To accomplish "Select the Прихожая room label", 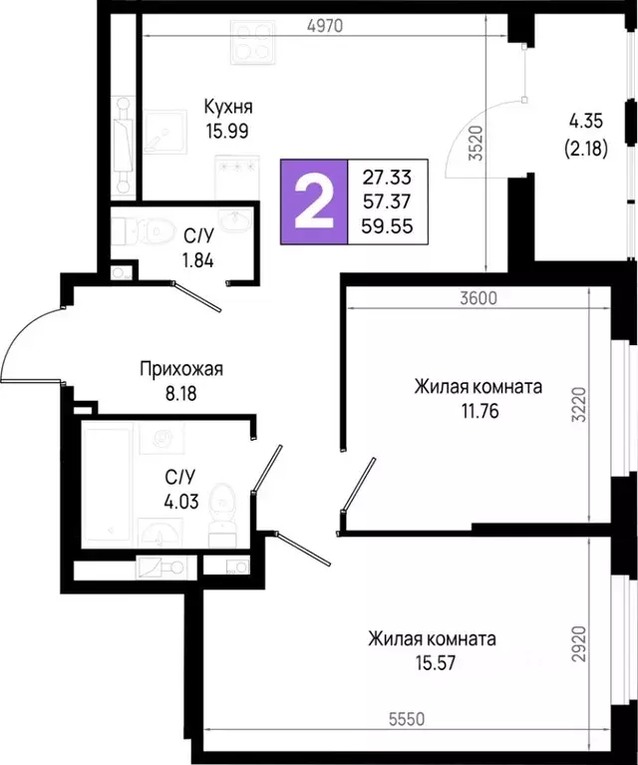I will pyautogui.click(x=180, y=368).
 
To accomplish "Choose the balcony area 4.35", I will pyautogui.click(x=587, y=122).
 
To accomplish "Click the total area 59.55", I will pyautogui.click(x=386, y=225).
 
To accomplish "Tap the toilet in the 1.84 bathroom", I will pyautogui.click(x=147, y=232).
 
